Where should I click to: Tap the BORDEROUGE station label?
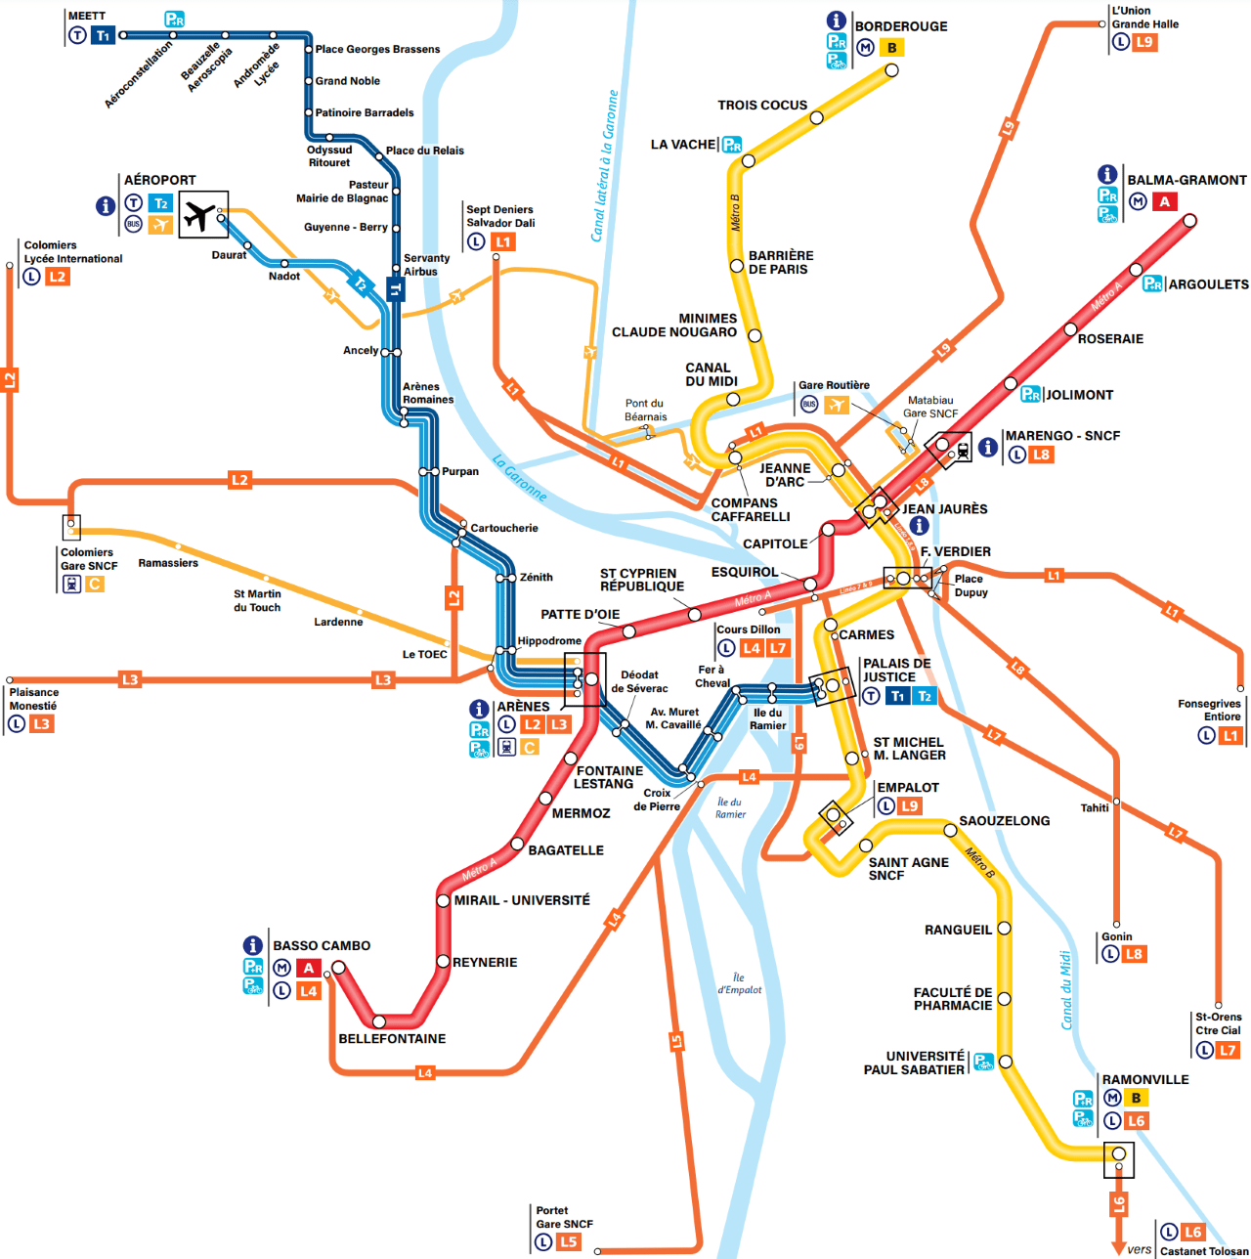pos(900,26)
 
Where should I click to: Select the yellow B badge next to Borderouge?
pos(891,48)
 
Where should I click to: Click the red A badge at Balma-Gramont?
pos(1164,202)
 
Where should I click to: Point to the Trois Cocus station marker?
pos(816,118)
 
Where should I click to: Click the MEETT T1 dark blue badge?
pos(103,36)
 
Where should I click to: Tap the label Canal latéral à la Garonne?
pos(605,166)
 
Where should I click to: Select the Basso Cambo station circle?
pos(338,968)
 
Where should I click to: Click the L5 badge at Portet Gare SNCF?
pos(568,1242)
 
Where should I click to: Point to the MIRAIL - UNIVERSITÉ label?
pos(522,900)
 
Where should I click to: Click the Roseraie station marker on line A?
pos(1070,329)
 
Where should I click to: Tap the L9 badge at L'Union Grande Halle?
pos(1144,43)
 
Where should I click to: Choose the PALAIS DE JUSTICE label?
pos(896,670)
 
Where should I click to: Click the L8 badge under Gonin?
pos(1134,954)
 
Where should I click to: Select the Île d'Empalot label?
pos(739,983)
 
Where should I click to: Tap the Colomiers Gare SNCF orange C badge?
pos(94,585)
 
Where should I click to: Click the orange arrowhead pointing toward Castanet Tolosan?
pos(1119,1247)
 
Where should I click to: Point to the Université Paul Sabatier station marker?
pos(1005,1062)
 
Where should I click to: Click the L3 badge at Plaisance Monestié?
pos(41,724)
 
